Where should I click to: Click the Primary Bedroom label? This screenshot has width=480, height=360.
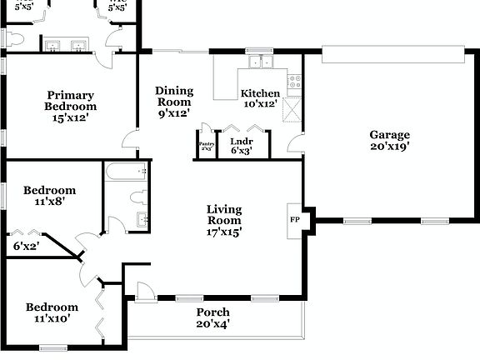(71, 107)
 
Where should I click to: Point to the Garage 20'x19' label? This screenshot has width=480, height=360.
(390, 141)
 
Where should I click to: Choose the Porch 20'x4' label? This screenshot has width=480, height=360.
(212, 317)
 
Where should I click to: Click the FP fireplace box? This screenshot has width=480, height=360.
(295, 219)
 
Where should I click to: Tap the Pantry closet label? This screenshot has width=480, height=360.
(207, 146)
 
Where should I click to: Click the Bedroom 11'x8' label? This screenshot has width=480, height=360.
(49, 195)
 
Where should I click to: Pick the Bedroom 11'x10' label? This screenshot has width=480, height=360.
(52, 312)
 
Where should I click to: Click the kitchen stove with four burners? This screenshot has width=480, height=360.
(293, 82)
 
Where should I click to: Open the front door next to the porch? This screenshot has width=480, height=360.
(144, 292)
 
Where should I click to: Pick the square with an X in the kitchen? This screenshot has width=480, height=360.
(292, 109)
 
